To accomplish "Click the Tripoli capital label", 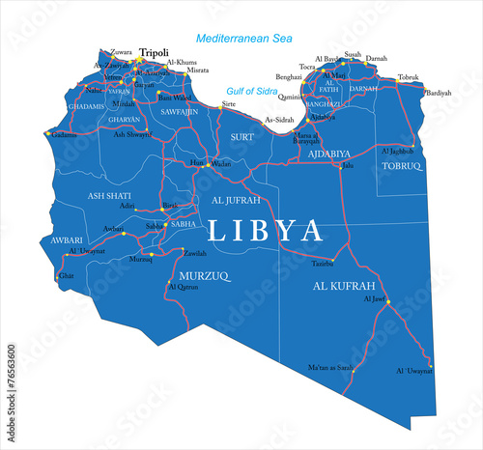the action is (x=154, y=53).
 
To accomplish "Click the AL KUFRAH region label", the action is (x=344, y=287).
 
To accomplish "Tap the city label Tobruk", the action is (x=408, y=77).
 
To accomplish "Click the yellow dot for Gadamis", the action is (x=46, y=132).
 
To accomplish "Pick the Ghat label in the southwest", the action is (x=66, y=275).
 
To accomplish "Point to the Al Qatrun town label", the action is (x=183, y=287).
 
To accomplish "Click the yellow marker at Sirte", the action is (x=220, y=107).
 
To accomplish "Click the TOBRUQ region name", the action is (x=402, y=166).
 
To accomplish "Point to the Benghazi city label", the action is (x=289, y=75).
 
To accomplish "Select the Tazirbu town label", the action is (x=323, y=262).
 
